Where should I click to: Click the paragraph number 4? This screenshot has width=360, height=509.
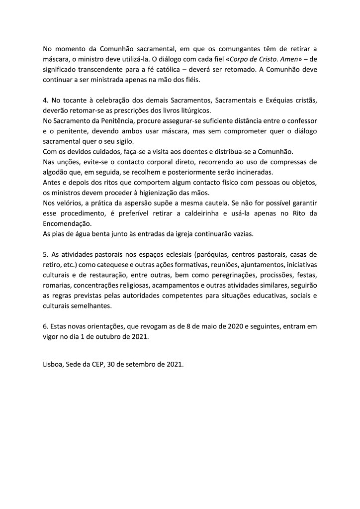click(45, 101)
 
